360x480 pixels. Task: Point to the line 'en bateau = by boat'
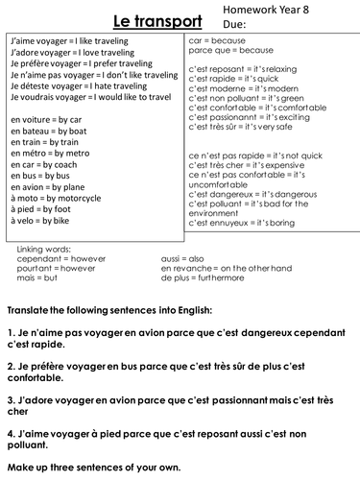pos(46,130)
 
